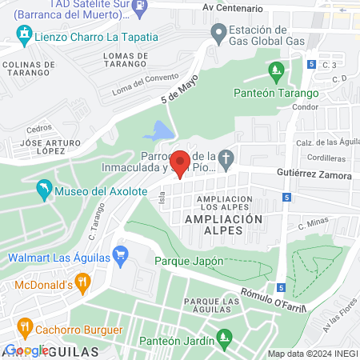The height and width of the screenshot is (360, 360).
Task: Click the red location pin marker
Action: (x=181, y=163)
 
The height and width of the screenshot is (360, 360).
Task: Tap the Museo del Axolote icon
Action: (x=44, y=191)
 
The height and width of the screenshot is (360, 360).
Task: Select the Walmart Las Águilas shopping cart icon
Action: (x=121, y=257)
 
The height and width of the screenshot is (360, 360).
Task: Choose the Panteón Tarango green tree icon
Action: (x=276, y=73)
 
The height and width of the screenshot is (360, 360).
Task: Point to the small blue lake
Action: (x=162, y=130)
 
